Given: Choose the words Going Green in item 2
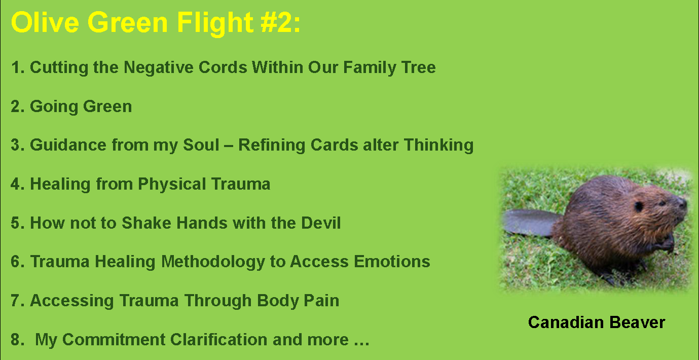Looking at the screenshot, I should point(81,106).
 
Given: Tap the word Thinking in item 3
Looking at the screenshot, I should point(438,145).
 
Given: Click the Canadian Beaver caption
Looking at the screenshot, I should point(596,322).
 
